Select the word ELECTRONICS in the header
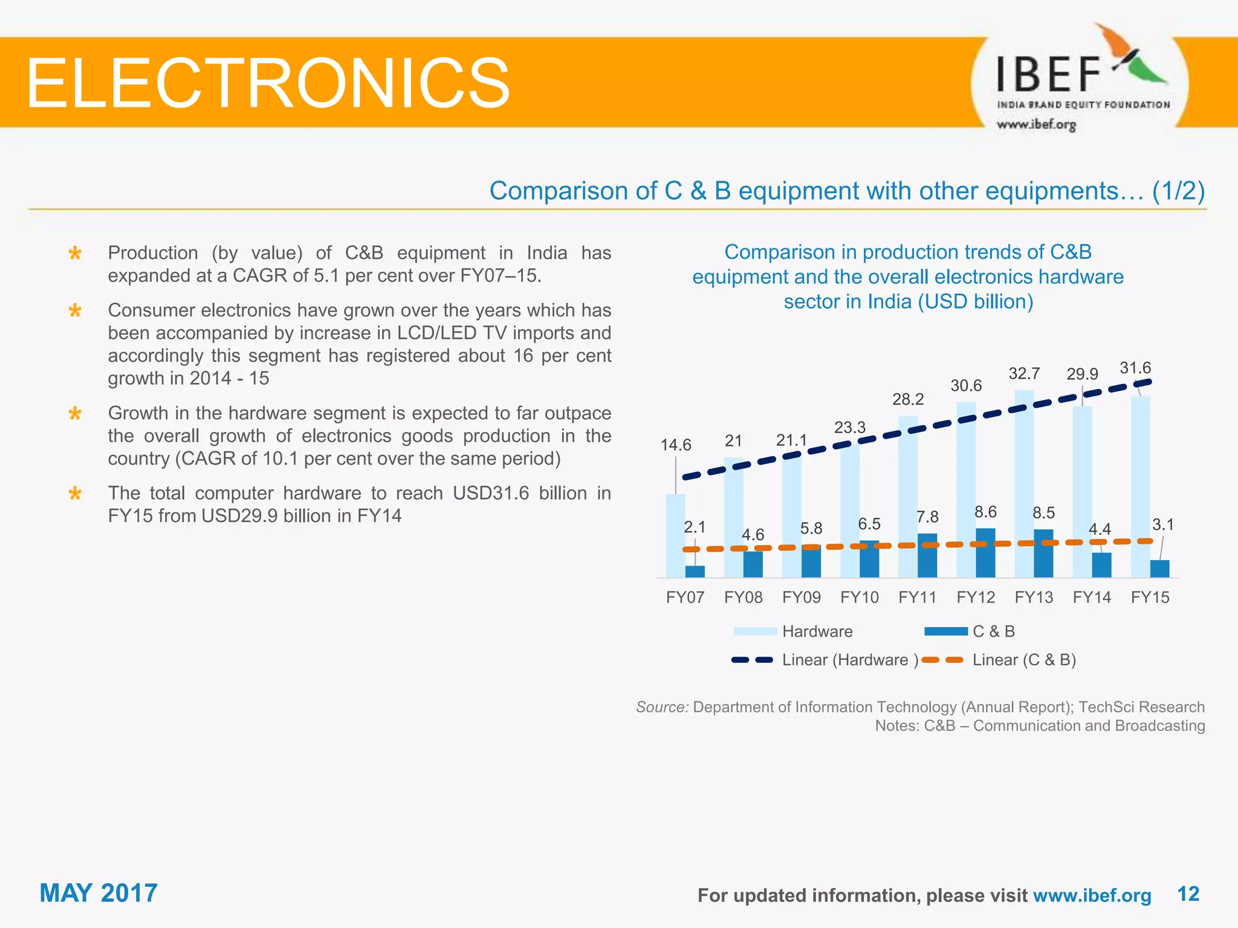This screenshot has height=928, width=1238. tap(268, 83)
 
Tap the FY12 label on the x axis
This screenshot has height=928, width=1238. tap(975, 598)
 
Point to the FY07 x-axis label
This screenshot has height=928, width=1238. tap(685, 598)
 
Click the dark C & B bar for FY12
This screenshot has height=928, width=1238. tap(985, 553)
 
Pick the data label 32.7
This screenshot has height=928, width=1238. tap(1024, 373)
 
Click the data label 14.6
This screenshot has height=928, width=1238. tap(675, 445)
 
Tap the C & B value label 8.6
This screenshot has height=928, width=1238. tap(985, 512)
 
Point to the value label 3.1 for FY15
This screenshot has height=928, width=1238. tap(1162, 524)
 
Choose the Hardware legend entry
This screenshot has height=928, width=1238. tap(817, 631)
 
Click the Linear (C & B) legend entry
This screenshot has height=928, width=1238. tap(1023, 660)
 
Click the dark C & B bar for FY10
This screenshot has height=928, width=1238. tap(869, 559)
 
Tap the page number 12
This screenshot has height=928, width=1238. tap(1188, 894)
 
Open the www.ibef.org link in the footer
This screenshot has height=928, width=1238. tap(1092, 895)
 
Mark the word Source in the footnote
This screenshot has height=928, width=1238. tap(661, 707)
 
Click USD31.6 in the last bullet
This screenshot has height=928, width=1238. tap(491, 493)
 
